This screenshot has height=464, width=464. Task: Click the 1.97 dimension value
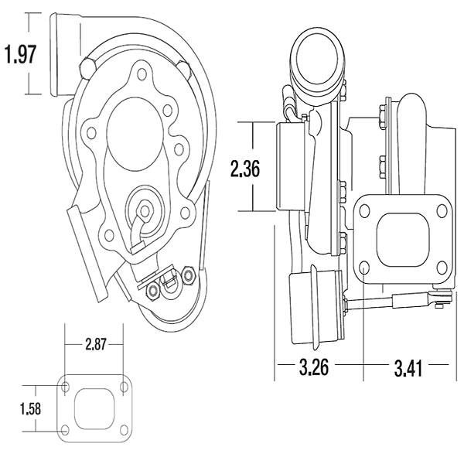point(21,54)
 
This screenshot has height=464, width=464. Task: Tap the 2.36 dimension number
point(245,168)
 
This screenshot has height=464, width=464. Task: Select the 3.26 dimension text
point(314,367)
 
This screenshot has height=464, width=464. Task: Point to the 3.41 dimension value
point(408,368)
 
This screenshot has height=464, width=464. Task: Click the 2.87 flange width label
point(95,344)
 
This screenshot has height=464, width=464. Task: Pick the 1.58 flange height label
point(30,409)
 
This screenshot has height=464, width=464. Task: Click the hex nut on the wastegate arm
point(145,210)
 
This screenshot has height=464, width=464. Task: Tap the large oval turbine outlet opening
point(135,134)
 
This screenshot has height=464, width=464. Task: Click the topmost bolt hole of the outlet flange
point(142,73)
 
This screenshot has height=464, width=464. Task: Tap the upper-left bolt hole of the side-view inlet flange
point(364,210)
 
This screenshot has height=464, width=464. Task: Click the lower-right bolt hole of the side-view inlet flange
point(442,268)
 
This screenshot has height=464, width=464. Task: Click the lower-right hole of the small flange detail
point(125,430)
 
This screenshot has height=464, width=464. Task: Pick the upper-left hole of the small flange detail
point(66,387)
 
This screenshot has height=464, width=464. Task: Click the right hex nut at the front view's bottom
point(188,275)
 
